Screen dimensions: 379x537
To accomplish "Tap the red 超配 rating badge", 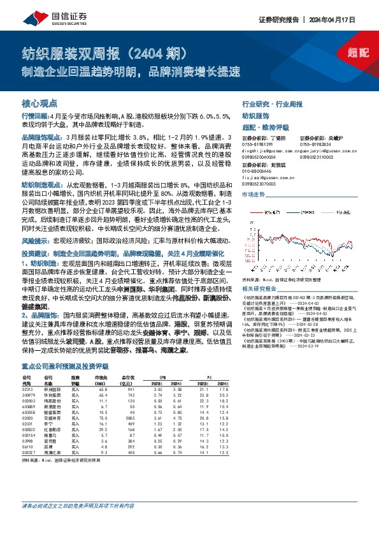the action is coord(359,52).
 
